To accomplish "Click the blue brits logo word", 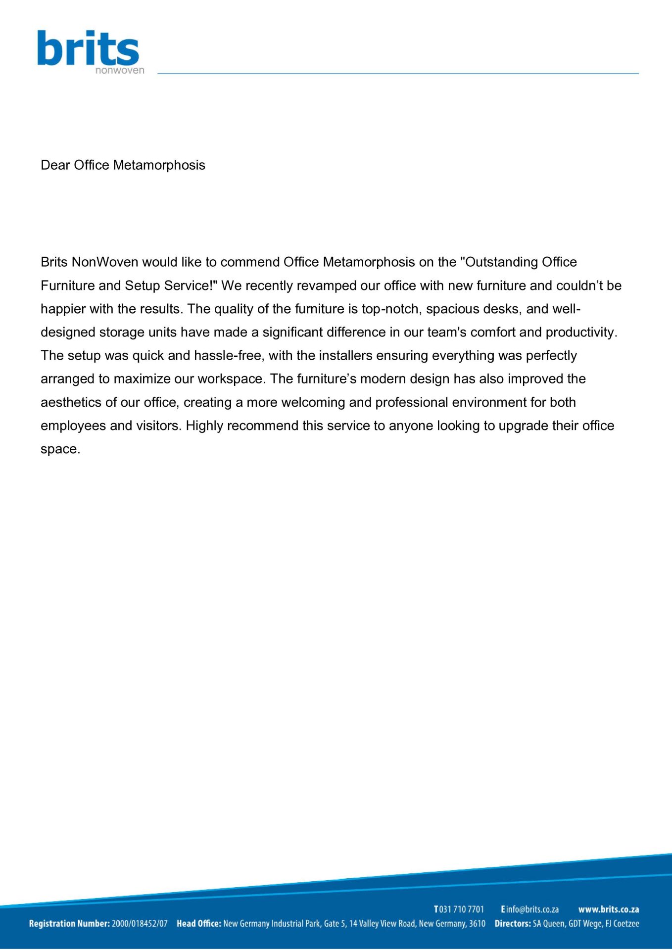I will [x=88, y=48].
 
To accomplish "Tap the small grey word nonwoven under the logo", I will [x=120, y=70].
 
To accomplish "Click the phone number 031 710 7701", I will [x=462, y=909].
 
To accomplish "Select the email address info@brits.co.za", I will [x=532, y=909].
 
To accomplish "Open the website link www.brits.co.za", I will [x=609, y=909].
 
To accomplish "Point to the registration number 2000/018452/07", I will [x=140, y=924].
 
